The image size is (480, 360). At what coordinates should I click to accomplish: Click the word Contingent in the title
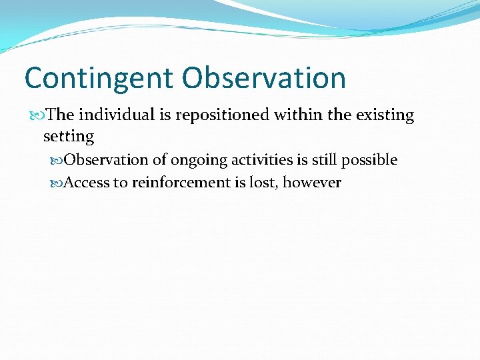99,79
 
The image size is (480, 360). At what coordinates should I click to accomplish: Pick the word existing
385,115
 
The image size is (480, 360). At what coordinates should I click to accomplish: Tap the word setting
69,137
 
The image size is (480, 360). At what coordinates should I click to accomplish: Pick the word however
312,183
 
